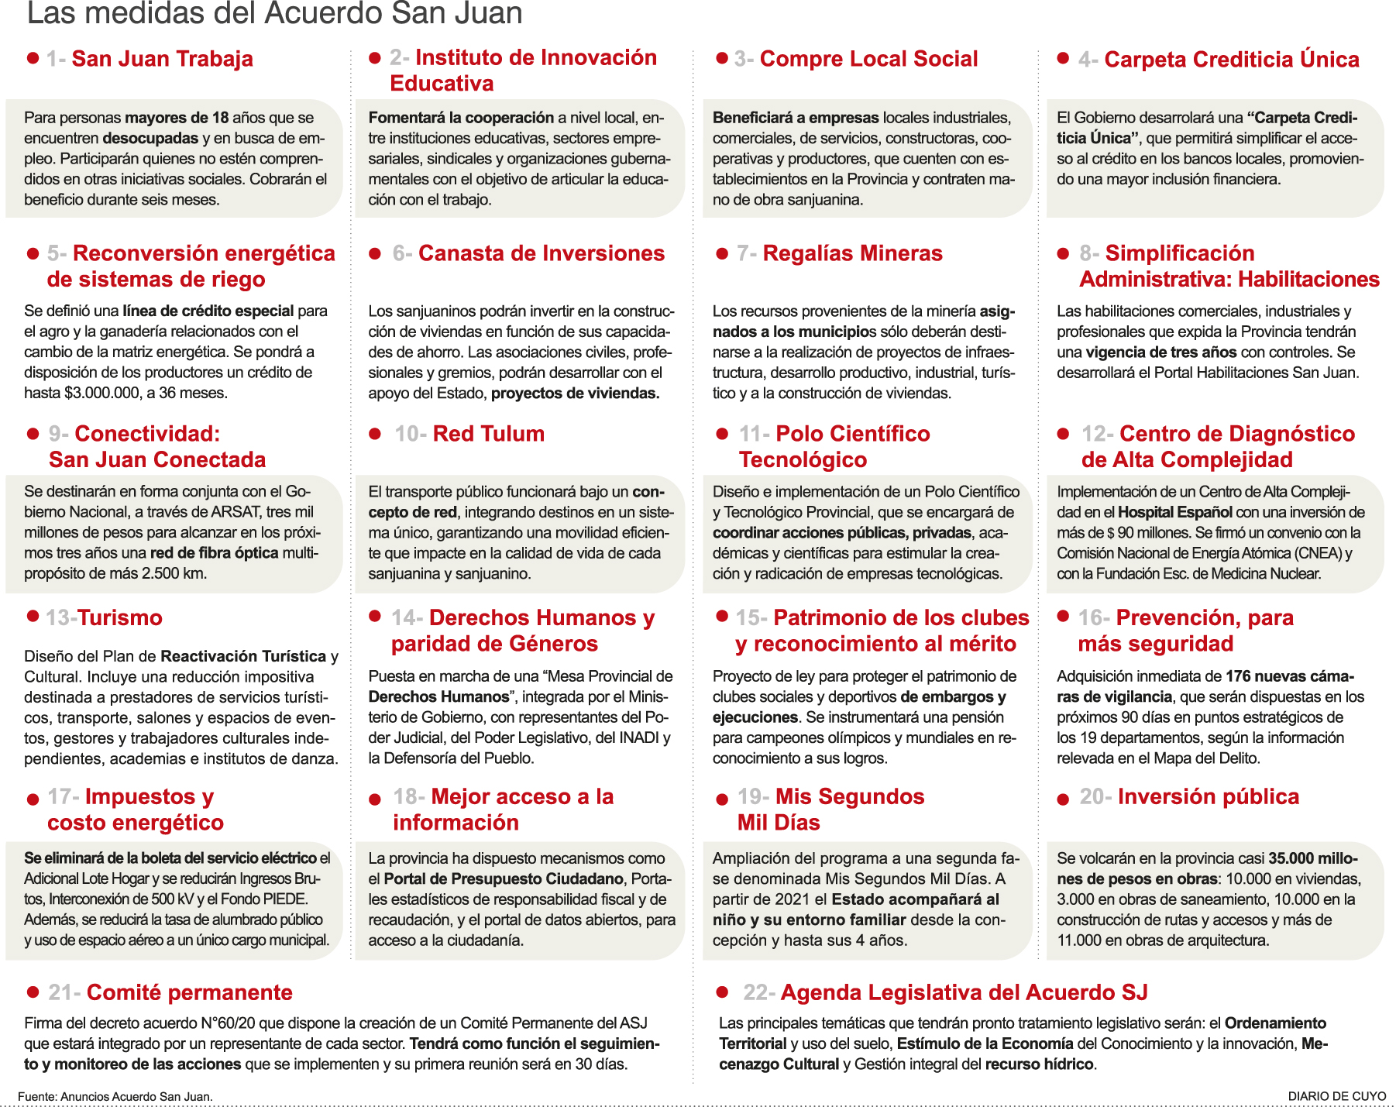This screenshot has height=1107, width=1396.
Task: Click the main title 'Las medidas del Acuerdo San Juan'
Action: (x=274, y=14)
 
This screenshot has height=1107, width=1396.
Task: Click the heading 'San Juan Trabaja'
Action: (x=162, y=59)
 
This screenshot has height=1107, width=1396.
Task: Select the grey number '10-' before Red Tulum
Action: (x=410, y=434)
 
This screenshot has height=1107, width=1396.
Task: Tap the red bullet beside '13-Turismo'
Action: (x=33, y=616)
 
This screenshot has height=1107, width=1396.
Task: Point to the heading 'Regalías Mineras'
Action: (x=852, y=253)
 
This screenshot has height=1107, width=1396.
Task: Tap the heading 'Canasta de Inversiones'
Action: (x=541, y=253)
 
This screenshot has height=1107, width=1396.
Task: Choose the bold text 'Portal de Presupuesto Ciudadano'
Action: (x=504, y=878)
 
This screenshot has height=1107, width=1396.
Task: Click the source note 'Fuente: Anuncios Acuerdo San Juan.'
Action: (x=115, y=1096)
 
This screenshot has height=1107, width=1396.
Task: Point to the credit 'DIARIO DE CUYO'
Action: (x=1336, y=1096)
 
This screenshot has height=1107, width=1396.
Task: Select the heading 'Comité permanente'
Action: (x=189, y=992)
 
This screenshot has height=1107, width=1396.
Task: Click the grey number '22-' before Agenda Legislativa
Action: (x=758, y=992)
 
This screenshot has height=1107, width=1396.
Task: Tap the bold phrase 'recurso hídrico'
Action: (x=1039, y=1064)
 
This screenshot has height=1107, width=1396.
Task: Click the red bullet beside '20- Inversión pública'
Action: (x=1063, y=799)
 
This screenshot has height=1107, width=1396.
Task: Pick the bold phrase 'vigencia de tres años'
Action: (x=1160, y=352)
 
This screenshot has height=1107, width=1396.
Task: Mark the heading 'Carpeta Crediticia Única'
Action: (x=1231, y=60)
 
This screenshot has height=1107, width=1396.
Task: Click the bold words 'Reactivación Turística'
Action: (x=243, y=656)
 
